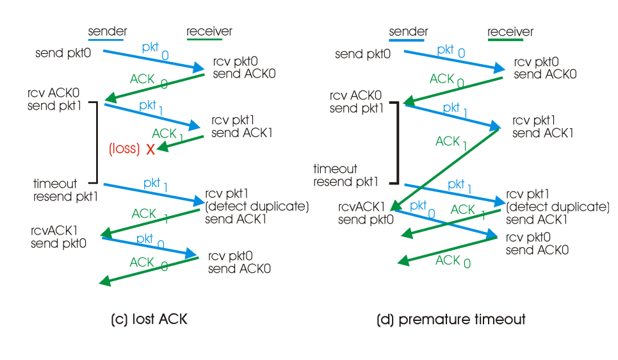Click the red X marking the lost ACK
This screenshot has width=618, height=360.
151,149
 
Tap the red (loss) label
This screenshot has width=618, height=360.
124,149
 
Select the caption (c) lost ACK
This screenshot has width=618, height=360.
149,319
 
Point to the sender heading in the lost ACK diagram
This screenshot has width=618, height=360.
108,31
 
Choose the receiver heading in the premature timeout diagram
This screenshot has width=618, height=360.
510,31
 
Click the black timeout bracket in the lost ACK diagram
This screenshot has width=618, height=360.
96,142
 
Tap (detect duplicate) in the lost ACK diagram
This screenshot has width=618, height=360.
257,206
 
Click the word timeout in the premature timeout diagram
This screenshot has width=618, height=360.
335,169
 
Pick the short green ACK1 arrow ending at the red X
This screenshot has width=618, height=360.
181,142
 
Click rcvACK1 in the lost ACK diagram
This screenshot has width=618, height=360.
55,230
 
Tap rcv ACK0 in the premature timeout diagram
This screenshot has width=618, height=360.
355,95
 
